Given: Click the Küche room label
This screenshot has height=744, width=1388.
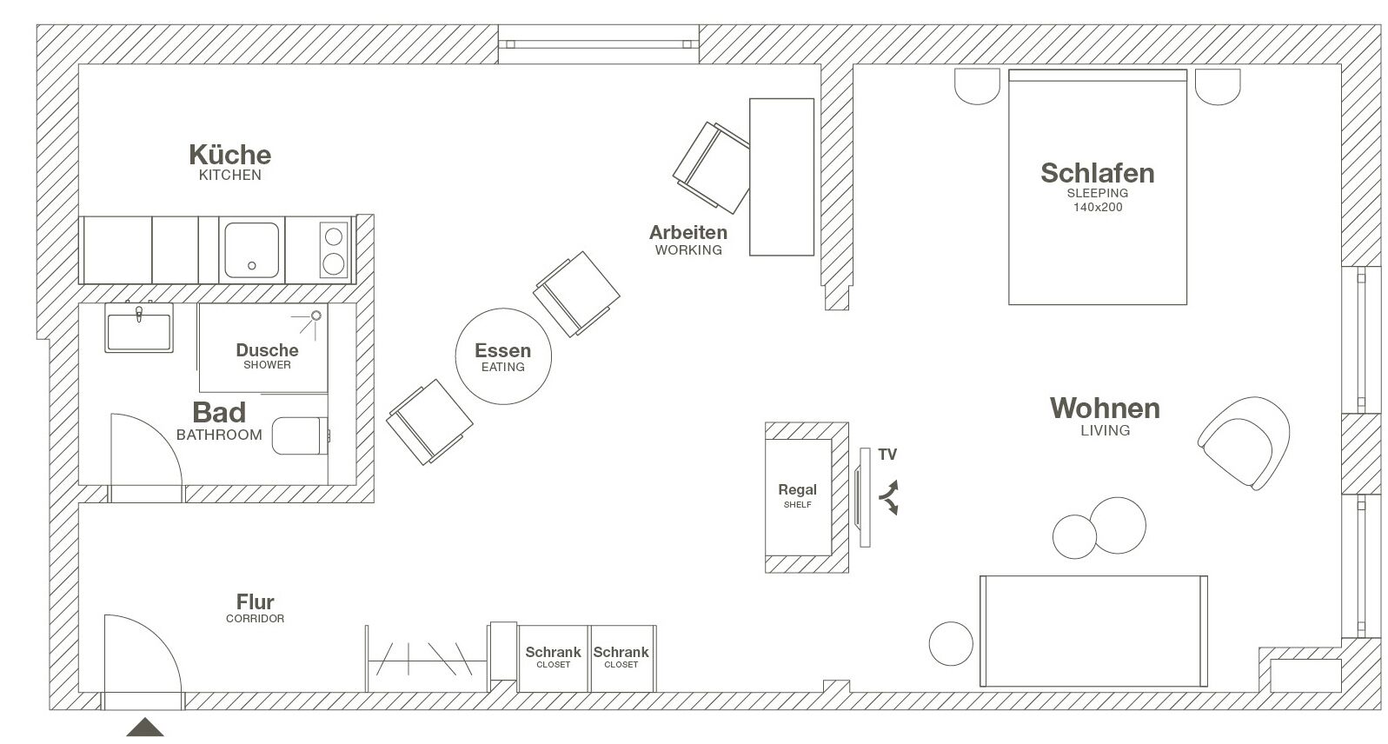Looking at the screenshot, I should point(230,156).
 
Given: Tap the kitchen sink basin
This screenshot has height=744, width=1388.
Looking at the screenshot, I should point(252,249).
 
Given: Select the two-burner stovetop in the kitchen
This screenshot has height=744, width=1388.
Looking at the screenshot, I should point(334,249).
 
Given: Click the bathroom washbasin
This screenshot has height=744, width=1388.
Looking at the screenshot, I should point(139,329).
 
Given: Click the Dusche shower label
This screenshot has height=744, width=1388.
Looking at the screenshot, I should point(267,351).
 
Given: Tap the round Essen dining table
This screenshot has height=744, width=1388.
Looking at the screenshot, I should point(503,356).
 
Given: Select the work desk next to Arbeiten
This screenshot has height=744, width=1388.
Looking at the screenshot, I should point(781,176).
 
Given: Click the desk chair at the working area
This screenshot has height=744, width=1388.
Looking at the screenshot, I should point(711,168).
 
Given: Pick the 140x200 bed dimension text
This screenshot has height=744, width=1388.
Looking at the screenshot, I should point(1097,208).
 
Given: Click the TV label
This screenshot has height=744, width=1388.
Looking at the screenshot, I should point(887,455).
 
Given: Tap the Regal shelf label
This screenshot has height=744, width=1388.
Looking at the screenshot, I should point(797,490).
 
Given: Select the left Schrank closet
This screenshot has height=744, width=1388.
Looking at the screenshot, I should point(553,658).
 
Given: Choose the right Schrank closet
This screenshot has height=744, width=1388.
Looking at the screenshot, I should point(621,658).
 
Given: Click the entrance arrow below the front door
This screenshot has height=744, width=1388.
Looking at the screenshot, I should point(145,728).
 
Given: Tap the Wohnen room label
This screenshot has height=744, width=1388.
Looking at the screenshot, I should point(1105,409).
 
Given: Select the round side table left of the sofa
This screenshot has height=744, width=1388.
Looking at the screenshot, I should point(951,644).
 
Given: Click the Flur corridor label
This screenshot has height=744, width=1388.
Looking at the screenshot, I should point(255,602).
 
